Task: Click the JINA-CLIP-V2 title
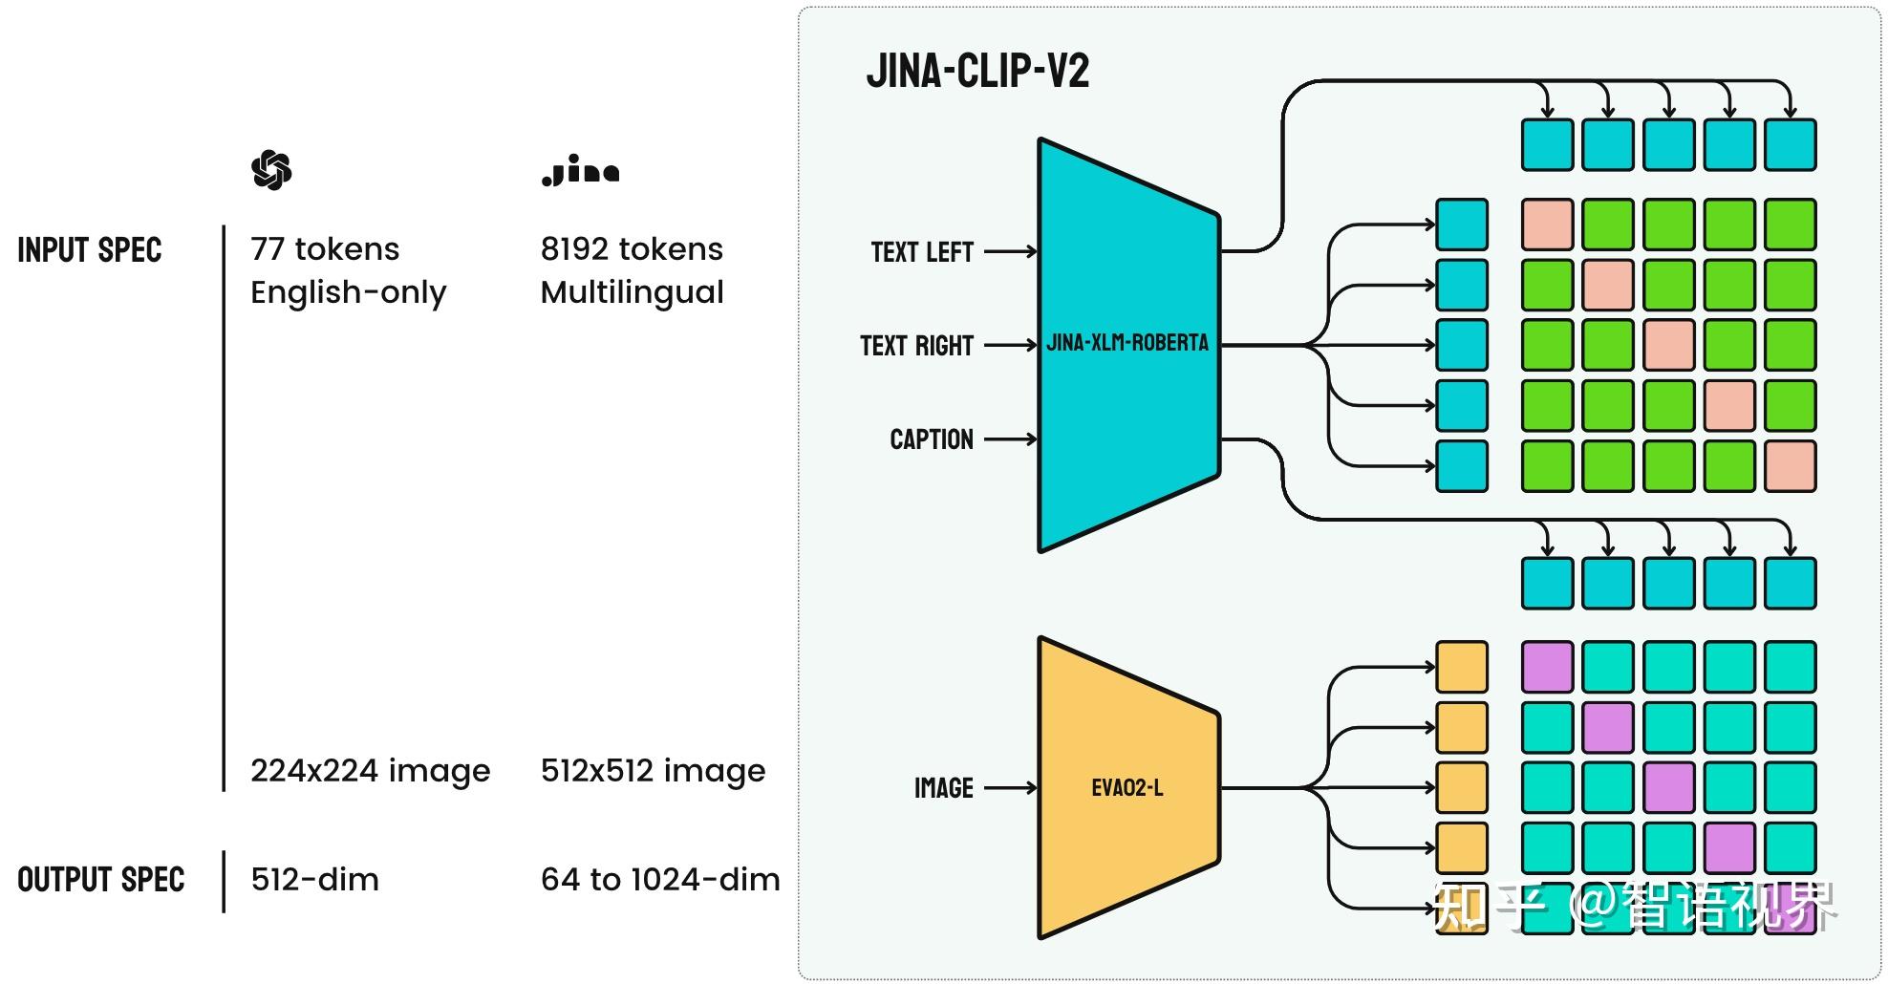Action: (977, 72)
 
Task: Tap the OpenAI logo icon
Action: (271, 170)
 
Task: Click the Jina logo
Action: (580, 171)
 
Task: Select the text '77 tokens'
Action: (325, 249)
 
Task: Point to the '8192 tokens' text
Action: (632, 249)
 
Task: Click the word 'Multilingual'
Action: (632, 292)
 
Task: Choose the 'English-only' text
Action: (348, 292)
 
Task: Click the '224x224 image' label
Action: (370, 771)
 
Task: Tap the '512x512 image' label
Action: (653, 771)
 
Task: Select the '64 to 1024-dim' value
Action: (660, 880)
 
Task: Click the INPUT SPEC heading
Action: (90, 250)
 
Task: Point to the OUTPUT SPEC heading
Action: (100, 880)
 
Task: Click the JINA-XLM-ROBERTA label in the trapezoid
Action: (1127, 343)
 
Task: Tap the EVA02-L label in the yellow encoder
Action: (1127, 788)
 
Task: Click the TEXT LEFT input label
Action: (922, 252)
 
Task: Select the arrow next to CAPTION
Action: (1010, 439)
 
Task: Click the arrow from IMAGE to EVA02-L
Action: (1010, 788)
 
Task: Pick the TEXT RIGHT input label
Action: (916, 346)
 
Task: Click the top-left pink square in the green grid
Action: (1547, 225)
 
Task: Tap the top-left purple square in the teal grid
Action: (1547, 667)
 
